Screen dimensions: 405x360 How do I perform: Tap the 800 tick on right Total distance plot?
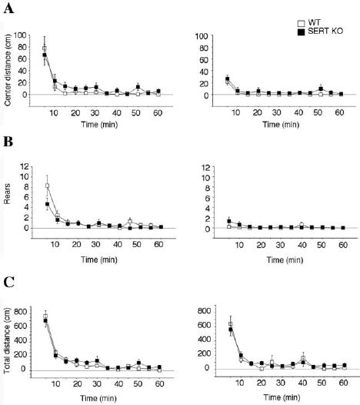click(x=205, y=310)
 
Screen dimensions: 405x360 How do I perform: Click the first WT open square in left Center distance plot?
click(x=45, y=49)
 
